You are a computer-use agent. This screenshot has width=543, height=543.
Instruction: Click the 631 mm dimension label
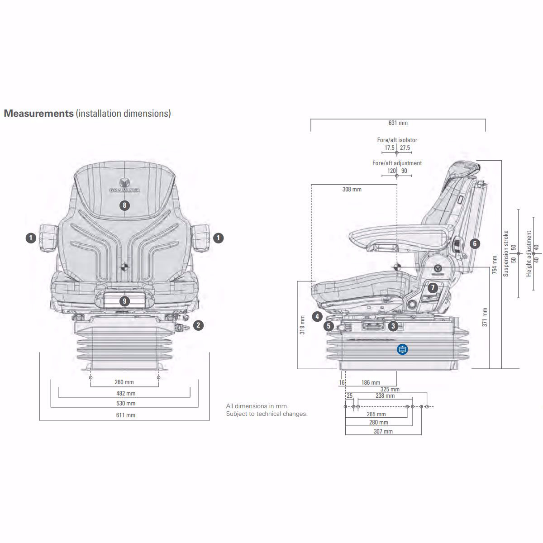click(x=398, y=123)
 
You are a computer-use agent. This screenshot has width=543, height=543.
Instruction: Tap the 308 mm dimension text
click(x=352, y=190)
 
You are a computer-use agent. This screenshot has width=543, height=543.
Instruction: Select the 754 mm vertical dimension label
click(x=495, y=265)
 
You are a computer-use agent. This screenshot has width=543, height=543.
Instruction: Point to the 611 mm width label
click(x=125, y=415)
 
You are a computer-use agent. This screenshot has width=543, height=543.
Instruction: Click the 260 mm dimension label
click(x=124, y=382)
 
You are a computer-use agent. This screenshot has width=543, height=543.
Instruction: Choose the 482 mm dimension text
click(x=125, y=394)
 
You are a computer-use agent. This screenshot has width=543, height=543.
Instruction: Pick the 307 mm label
click(x=383, y=432)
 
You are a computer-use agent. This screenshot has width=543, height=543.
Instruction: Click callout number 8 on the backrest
click(x=124, y=205)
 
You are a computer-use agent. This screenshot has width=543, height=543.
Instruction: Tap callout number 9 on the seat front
click(x=124, y=301)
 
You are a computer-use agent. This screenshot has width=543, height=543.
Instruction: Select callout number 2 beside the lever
click(x=198, y=324)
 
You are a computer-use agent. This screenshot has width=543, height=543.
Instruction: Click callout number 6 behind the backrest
click(x=474, y=243)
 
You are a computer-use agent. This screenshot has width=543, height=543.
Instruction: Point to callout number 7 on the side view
click(x=433, y=287)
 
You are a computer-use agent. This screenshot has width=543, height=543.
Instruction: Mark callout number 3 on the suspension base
click(x=393, y=325)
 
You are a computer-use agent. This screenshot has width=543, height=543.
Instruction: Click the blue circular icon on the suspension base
click(x=402, y=349)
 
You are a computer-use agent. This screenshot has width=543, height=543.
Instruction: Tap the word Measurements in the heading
click(x=38, y=114)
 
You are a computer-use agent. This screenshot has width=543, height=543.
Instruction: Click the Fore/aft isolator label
click(x=397, y=140)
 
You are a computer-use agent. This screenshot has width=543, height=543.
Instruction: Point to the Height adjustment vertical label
click(x=529, y=253)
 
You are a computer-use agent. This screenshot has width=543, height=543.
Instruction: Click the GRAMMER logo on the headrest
click(x=124, y=187)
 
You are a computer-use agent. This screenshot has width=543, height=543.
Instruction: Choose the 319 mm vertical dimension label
click(x=302, y=324)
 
